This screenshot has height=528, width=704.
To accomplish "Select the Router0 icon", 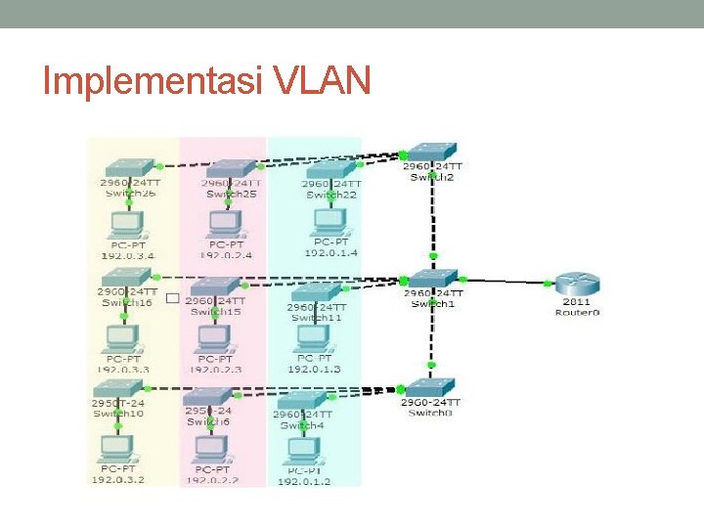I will click(x=577, y=286).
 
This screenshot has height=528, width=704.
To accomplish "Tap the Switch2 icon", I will click(x=432, y=153).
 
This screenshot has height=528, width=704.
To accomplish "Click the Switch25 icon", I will click(x=231, y=168).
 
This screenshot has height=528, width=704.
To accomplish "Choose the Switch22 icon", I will click(x=330, y=169).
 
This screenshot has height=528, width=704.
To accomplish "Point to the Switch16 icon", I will click(x=127, y=276).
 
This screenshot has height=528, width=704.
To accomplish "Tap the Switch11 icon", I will click(x=316, y=291).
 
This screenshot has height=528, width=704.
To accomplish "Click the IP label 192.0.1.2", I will click(x=304, y=482).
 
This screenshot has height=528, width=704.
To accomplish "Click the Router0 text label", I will click(x=577, y=312).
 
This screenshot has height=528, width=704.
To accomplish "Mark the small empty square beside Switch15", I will click(x=172, y=298).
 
